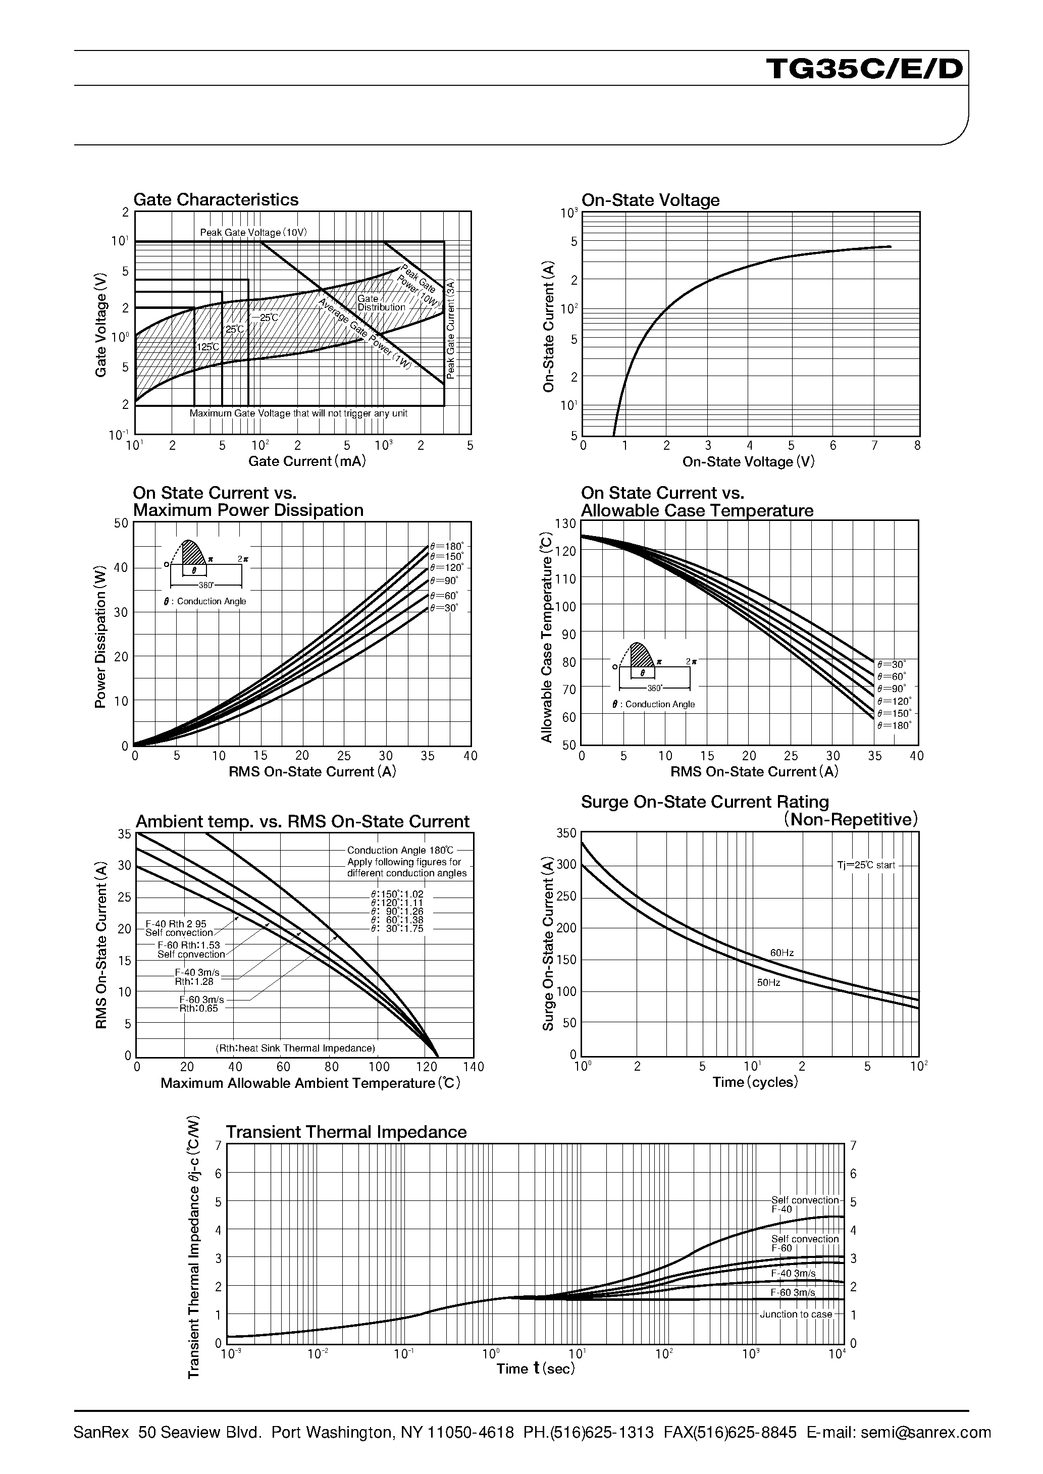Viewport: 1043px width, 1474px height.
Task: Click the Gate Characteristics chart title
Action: click(x=216, y=200)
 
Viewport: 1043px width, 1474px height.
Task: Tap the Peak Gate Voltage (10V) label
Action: click(x=253, y=232)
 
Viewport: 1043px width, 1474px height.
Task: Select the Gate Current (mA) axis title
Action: click(x=306, y=461)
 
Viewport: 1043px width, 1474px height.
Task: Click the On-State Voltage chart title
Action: click(x=650, y=200)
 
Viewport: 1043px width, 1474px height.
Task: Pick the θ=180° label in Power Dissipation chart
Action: click(x=447, y=546)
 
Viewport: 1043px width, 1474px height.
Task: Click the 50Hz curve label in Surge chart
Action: click(x=768, y=982)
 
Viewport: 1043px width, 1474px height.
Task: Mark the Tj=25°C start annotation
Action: click(x=865, y=865)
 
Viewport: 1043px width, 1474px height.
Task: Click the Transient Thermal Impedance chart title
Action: click(x=346, y=1131)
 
